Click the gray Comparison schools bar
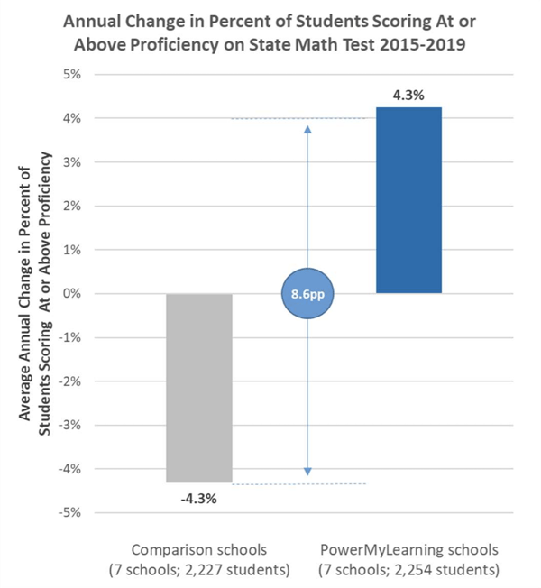tap(198, 388)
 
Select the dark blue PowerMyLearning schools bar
tap(409, 199)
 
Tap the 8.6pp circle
tap(307, 294)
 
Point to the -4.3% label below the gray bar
tap(198, 496)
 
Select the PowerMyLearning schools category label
tap(408, 547)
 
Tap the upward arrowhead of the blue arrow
tap(307, 129)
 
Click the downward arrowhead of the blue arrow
tap(307, 471)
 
